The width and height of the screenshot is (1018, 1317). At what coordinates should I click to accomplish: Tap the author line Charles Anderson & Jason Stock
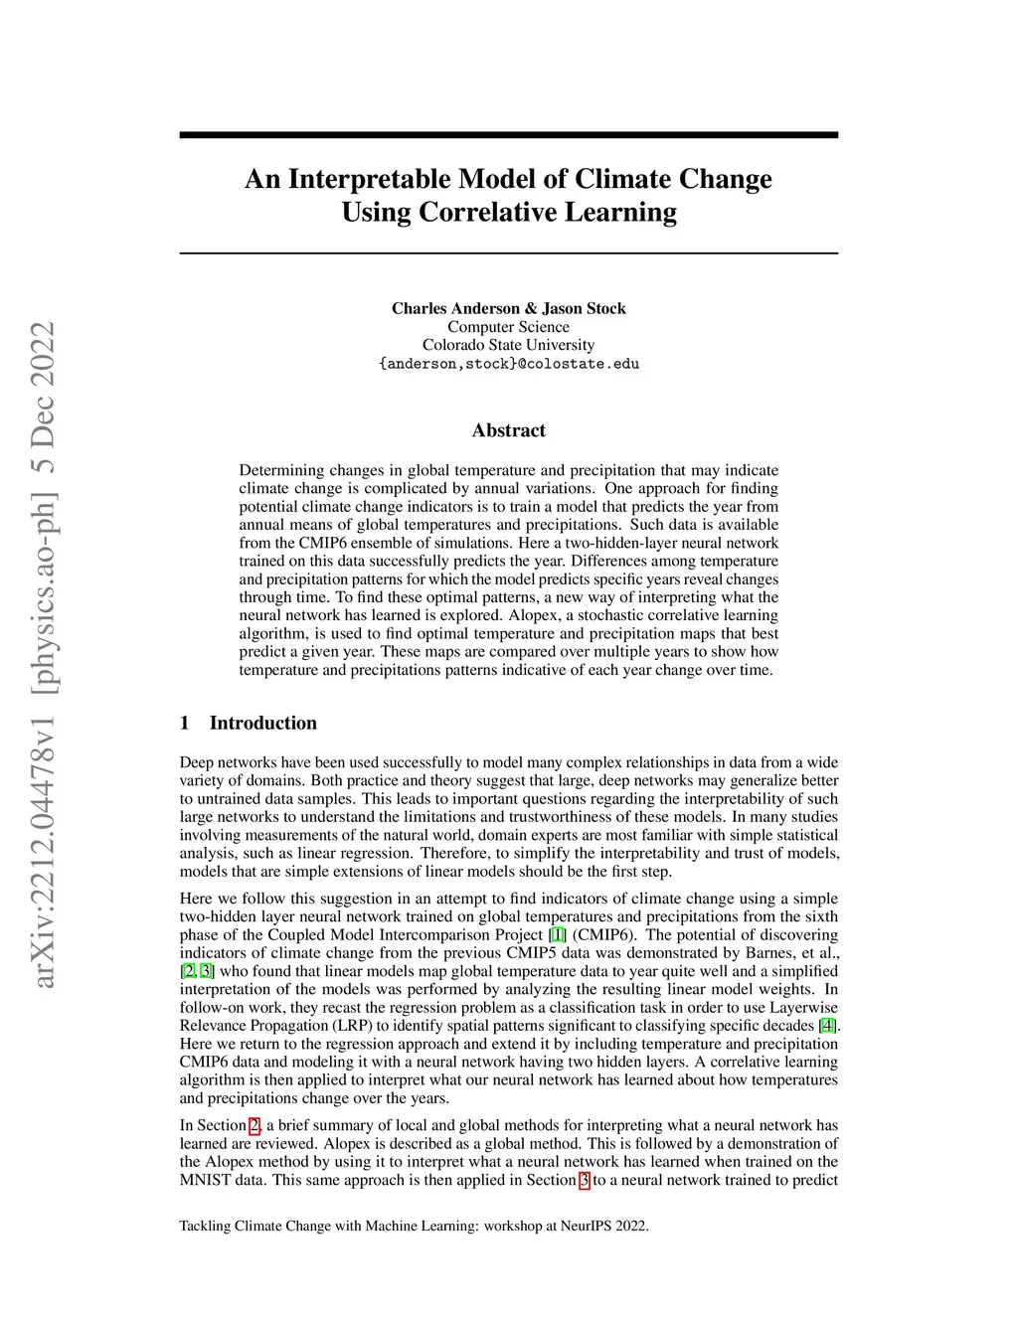tap(508, 308)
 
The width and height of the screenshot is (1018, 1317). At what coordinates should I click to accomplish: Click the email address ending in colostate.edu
tap(508, 364)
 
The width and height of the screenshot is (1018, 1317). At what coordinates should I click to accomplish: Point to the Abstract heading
tap(508, 430)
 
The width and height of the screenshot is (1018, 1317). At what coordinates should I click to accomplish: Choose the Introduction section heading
tap(262, 723)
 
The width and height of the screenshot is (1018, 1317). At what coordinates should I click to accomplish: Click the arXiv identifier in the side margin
tap(44, 656)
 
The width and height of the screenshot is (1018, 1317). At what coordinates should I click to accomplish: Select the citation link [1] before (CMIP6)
tap(558, 934)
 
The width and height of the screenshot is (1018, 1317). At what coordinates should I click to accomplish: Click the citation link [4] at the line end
tap(827, 1025)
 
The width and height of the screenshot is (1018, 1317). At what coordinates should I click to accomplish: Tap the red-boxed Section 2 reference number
tap(254, 1125)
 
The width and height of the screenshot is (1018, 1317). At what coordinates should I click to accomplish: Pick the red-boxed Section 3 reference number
tap(585, 1180)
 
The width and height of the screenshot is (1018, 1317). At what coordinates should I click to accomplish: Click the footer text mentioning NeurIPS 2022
tap(414, 1226)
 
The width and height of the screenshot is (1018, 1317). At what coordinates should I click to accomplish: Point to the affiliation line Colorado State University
tap(508, 345)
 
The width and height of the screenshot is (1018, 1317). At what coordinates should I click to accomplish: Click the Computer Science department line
tap(508, 327)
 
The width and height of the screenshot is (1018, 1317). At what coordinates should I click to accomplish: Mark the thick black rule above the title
tap(508, 135)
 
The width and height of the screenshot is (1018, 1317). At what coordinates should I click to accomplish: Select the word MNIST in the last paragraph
tap(204, 1180)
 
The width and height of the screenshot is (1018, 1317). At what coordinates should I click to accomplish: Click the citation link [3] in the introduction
tap(206, 971)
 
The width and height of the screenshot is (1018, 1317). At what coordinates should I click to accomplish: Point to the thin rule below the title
tap(508, 253)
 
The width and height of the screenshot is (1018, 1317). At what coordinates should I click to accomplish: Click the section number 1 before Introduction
tap(185, 723)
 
